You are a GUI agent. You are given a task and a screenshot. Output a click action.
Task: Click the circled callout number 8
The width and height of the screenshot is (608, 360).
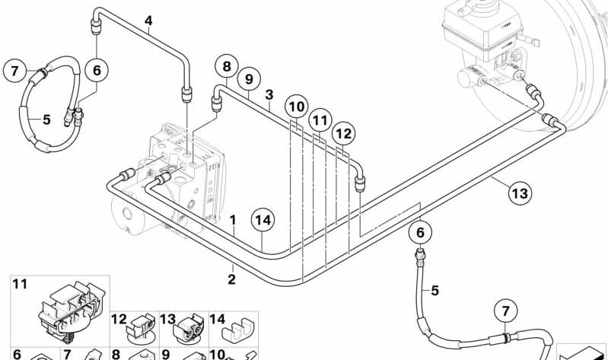click(227, 67)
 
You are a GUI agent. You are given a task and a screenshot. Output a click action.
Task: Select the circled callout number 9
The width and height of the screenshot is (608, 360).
click(249, 79)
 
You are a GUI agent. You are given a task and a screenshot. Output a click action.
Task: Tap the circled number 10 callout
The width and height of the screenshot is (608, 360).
click(297, 107)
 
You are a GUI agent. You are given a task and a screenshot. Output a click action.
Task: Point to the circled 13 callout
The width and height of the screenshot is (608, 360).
click(520, 193)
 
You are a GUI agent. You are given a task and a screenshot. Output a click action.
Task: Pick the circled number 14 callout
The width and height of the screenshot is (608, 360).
click(263, 220)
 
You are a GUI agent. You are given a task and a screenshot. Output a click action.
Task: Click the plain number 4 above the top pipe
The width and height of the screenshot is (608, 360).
click(148, 21)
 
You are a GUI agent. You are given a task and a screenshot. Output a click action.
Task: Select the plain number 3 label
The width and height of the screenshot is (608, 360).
click(269, 94)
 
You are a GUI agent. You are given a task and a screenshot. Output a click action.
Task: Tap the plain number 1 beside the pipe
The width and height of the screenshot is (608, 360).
click(233, 221)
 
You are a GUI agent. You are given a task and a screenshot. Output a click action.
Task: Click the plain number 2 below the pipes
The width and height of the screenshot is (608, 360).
click(231, 279)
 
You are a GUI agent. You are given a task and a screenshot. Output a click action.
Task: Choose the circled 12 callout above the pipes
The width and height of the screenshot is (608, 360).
click(343, 134)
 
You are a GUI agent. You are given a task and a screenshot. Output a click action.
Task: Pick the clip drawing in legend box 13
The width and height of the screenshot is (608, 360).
click(189, 328)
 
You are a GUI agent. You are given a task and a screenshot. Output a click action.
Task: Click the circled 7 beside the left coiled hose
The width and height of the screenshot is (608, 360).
click(14, 71)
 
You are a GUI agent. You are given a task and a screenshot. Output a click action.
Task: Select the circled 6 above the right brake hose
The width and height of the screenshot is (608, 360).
click(421, 233)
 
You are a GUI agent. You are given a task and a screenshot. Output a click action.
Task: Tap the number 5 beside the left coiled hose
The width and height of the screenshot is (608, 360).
click(46, 119)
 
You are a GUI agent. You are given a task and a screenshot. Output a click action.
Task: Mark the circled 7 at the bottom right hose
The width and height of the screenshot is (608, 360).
click(505, 311)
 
